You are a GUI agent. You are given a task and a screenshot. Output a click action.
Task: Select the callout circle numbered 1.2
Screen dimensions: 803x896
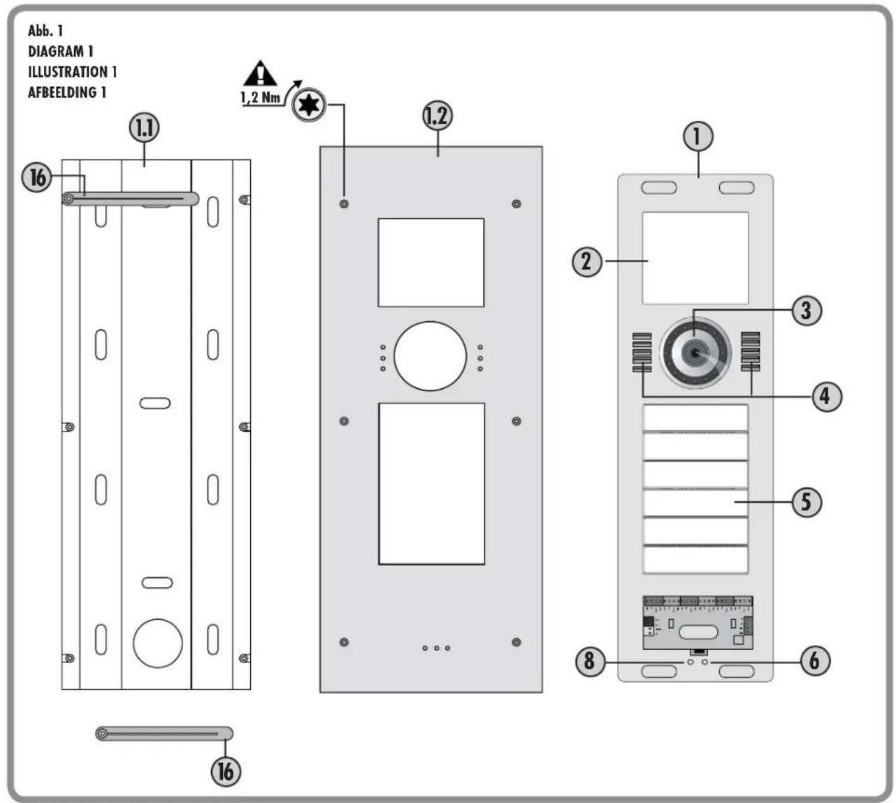pyautogui.click(x=438, y=116)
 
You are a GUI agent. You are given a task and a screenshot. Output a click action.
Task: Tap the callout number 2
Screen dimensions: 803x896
pyautogui.click(x=587, y=262)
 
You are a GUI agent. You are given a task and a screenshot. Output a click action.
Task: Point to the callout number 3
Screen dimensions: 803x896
pyautogui.click(x=807, y=310)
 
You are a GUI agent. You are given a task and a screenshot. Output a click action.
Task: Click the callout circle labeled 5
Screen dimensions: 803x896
pyautogui.click(x=807, y=502)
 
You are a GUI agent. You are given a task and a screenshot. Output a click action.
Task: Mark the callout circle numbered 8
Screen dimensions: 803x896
pyautogui.click(x=590, y=660)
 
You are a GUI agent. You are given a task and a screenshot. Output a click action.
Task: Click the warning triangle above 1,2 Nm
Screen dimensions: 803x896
pyautogui.click(x=260, y=74)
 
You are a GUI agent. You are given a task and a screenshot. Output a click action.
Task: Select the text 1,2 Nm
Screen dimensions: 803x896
pyautogui.click(x=260, y=97)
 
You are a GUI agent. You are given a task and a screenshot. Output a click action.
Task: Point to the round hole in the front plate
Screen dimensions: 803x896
pyautogui.click(x=430, y=356)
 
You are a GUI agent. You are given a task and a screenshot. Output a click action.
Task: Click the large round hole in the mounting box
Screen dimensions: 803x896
pyautogui.click(x=158, y=642)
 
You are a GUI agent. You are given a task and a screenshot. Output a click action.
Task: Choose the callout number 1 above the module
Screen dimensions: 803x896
pyautogui.click(x=698, y=136)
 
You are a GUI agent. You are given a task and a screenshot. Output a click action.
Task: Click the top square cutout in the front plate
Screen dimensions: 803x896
pyautogui.click(x=431, y=262)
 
